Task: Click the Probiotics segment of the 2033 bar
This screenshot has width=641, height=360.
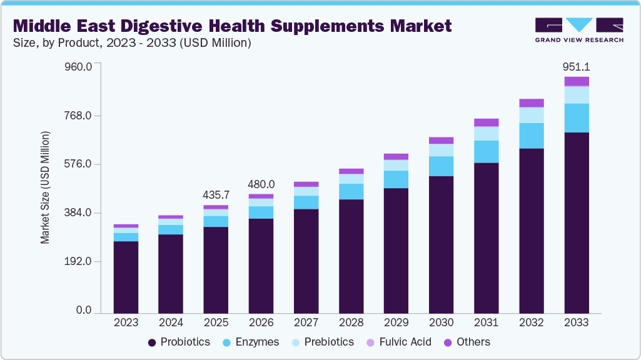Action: [577, 222]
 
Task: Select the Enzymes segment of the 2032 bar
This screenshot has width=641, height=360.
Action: [532, 136]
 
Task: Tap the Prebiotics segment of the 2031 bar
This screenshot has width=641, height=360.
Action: [487, 134]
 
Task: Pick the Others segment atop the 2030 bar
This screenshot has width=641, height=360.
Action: [442, 141]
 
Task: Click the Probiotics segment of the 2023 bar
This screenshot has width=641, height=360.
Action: [126, 276]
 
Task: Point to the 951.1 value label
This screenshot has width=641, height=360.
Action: [577, 67]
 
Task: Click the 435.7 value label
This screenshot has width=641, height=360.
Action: [216, 195]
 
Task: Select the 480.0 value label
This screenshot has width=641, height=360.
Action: [261, 184]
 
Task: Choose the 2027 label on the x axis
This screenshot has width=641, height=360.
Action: [306, 323]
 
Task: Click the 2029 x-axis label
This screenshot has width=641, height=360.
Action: [396, 323]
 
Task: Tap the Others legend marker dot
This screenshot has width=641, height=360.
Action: [448, 342]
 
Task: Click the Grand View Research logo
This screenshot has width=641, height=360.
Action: [578, 29]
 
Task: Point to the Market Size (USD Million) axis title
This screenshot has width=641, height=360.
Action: [45, 187]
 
